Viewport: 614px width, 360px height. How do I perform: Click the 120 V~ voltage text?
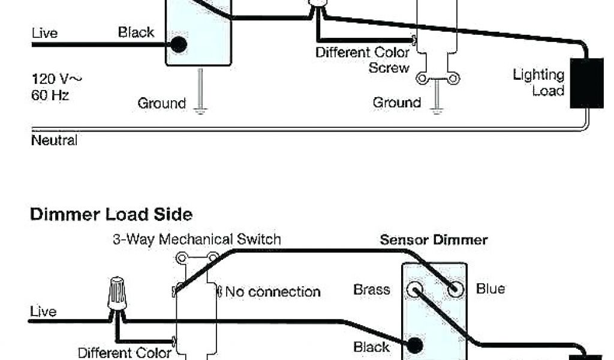coord(56,79)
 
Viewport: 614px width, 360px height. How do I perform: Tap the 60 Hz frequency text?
coord(50,95)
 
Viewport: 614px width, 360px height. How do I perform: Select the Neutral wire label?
coord(54,141)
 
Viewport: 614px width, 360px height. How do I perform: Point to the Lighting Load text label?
coord(538,83)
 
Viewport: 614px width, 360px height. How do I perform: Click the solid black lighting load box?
coord(586,83)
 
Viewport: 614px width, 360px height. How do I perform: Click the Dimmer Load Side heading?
coord(111,215)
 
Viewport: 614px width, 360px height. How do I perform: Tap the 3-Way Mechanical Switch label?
coord(197,239)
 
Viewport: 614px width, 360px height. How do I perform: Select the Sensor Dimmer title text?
coord(434,241)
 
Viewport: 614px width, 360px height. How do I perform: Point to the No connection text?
coord(272,292)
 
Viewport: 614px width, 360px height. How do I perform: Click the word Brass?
coord(372,289)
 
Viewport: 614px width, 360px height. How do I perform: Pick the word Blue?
coord(490,289)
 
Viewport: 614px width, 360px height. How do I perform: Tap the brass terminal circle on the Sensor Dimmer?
coord(415,290)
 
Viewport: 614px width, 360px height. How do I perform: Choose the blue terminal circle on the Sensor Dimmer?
coord(456,290)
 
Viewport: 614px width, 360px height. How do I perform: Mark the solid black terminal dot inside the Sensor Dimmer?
coord(414,346)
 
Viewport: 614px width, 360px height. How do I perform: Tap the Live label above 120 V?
coord(44,34)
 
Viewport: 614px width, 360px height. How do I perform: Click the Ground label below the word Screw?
coord(396,103)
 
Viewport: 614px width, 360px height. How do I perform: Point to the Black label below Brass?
coord(372,347)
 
